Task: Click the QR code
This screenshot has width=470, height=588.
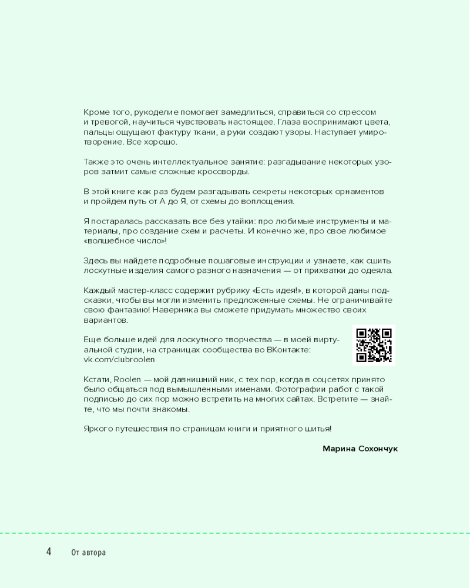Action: pyautogui.click(x=374, y=345)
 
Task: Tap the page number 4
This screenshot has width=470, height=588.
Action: pyautogui.click(x=49, y=552)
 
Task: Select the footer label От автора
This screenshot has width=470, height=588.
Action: pyautogui.click(x=88, y=553)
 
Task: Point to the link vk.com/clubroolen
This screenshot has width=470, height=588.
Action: pyautogui.click(x=119, y=359)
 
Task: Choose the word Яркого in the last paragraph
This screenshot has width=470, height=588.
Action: pyautogui.click(x=98, y=429)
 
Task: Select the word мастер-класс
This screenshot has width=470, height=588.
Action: pyautogui.click(x=140, y=290)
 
